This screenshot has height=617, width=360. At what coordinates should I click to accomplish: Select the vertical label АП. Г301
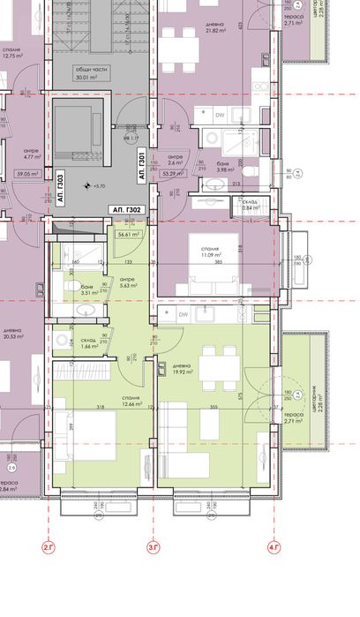coord(141,166)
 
